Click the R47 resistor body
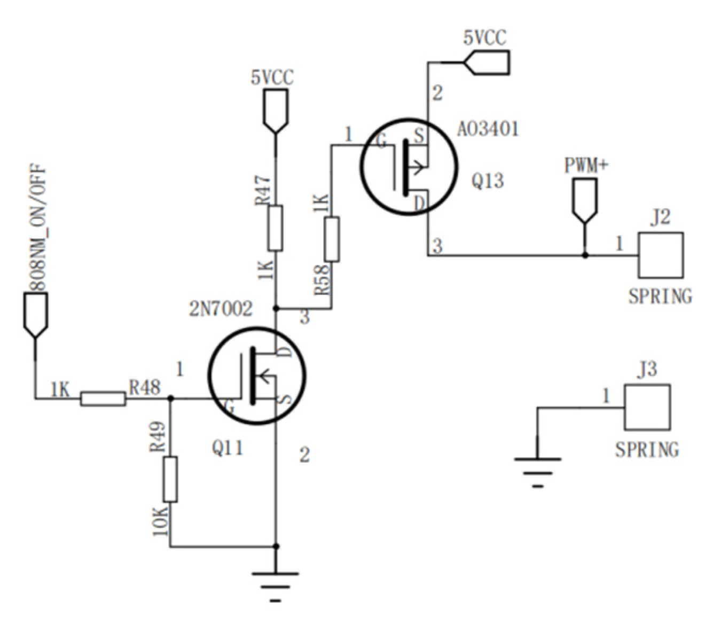pyautogui.click(x=275, y=228)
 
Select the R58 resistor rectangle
pyautogui.click(x=332, y=239)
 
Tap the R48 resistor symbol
pyautogui.click(x=103, y=399)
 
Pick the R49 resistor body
pyautogui.click(x=170, y=479)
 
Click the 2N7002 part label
pyautogui.click(x=221, y=309)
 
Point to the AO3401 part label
pyautogui.click(x=488, y=129)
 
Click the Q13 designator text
pyautogui.click(x=487, y=181)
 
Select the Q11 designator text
pyautogui.click(x=228, y=448)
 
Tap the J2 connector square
pyautogui.click(x=661, y=255)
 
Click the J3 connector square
pyautogui.click(x=647, y=407)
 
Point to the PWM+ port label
pyautogui.click(x=586, y=165)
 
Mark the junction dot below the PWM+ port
pyautogui.click(x=585, y=256)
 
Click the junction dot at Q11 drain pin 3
pyautogui.click(x=276, y=308)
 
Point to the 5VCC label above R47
pyautogui.click(x=272, y=78)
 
